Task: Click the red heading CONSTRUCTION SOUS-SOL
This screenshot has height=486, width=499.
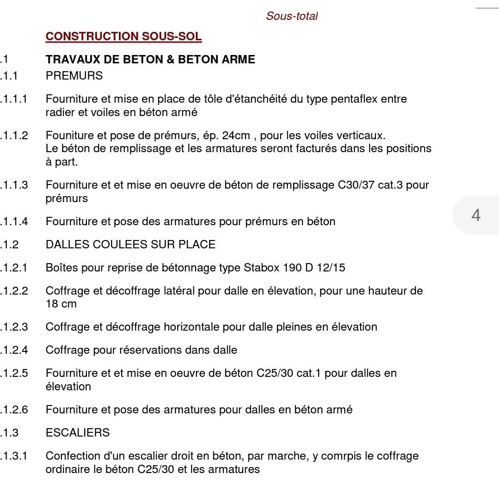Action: [123, 37]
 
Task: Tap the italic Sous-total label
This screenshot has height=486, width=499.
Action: [292, 16]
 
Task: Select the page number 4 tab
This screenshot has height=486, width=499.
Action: [476, 215]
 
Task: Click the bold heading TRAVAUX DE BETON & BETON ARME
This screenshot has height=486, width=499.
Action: [150, 60]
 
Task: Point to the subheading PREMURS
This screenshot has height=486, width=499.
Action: [74, 76]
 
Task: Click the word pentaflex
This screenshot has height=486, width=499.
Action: [356, 99]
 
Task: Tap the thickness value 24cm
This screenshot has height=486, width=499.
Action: [236, 136]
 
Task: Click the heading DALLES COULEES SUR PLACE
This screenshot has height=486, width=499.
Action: [130, 245]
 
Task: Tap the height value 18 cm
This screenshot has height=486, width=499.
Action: [61, 304]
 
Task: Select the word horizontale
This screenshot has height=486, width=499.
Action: [191, 327]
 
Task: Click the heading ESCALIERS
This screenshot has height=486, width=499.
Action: [78, 433]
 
